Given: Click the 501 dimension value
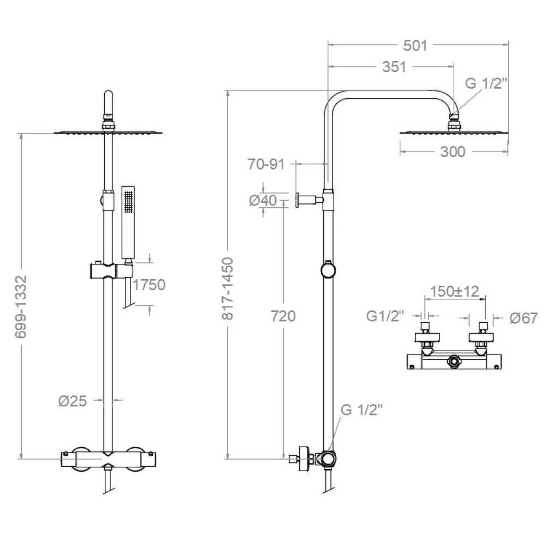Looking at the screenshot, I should click(416, 45).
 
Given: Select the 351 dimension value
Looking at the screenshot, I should click(394, 67).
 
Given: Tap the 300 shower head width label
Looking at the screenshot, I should click(453, 152).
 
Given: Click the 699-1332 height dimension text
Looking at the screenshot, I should click(21, 308).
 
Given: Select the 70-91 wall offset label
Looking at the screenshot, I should click(266, 165).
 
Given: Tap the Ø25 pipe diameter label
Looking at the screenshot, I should click(72, 401).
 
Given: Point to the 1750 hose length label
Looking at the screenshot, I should click(149, 284).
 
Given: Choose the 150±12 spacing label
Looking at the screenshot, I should click(454, 291).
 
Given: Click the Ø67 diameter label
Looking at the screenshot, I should click(524, 317).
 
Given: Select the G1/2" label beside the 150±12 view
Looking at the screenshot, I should click(385, 316).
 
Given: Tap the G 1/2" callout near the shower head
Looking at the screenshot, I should click(486, 83).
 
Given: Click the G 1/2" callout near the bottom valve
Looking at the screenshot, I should click(362, 410).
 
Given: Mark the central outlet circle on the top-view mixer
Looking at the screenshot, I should click(454, 361).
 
